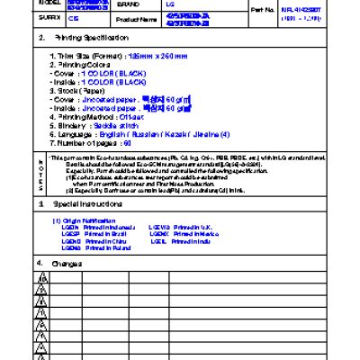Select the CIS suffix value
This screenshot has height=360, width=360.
click(x=74, y=16)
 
